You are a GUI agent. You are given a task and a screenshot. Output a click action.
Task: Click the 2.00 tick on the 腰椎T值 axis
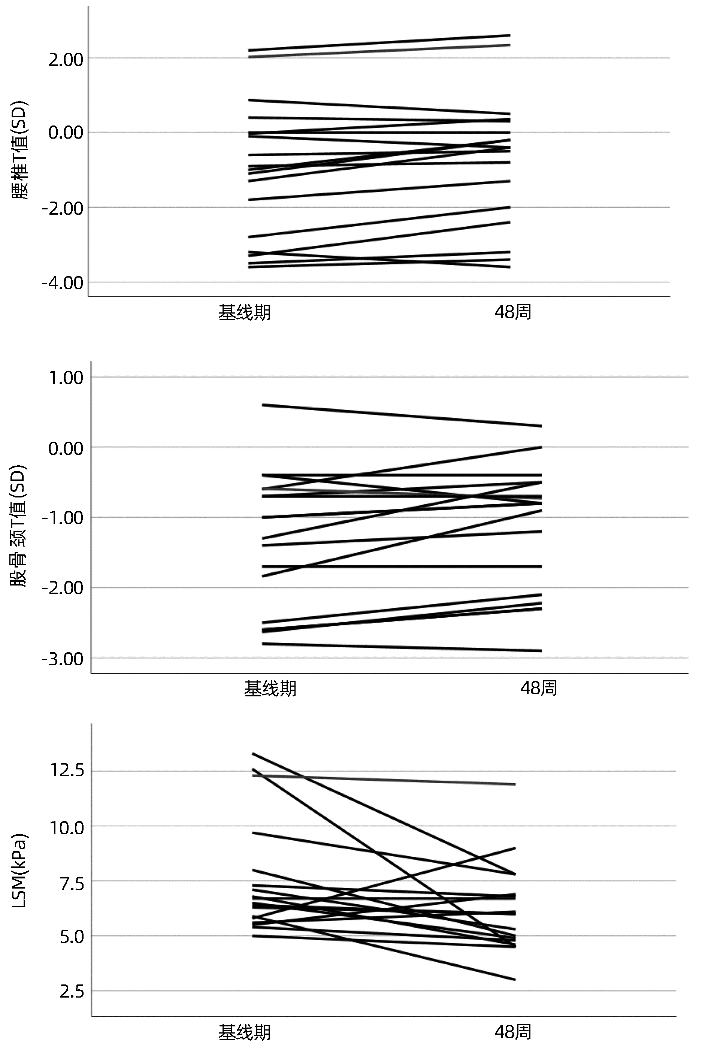(x=66, y=60)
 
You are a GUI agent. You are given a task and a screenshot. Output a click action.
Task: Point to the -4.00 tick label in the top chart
(x=63, y=284)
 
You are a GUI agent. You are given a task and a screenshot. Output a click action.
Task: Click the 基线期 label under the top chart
(x=244, y=312)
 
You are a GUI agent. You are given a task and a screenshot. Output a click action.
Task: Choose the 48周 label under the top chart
(x=513, y=312)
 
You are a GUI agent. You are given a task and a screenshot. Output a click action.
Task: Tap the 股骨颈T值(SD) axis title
(x=19, y=526)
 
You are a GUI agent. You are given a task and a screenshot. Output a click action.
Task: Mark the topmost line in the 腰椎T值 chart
(x=379, y=42)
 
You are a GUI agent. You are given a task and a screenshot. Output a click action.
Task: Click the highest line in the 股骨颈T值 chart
(x=402, y=415)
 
